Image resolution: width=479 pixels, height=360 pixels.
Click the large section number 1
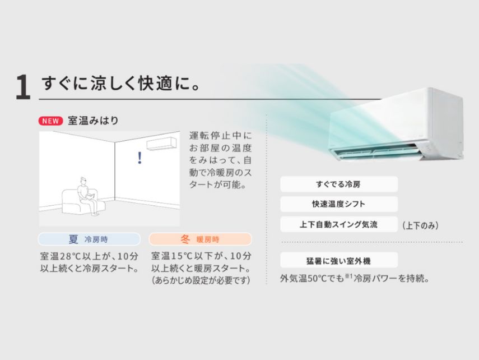pyautogui.click(x=23, y=87)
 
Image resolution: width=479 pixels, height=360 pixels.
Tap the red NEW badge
pyautogui.click(x=50, y=121)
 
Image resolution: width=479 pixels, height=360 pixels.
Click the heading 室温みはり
pyautogui.click(x=93, y=121)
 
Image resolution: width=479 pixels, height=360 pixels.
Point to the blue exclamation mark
pyautogui.click(x=139, y=158)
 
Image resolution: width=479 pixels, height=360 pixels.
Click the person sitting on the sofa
pyautogui.click(x=87, y=195)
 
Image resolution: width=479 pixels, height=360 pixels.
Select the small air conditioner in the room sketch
pyautogui.click(x=161, y=144)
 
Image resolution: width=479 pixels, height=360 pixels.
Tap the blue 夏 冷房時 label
pyautogui.click(x=89, y=239)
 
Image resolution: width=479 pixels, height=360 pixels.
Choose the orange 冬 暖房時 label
pyautogui.click(x=201, y=239)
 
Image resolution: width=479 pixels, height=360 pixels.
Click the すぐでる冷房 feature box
pyautogui.click(x=339, y=184)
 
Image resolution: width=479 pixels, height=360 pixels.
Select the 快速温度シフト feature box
pyautogui.click(x=339, y=204)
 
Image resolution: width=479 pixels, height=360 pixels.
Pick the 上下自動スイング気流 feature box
pyautogui.click(x=339, y=224)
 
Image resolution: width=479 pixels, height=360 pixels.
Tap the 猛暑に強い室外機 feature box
pyautogui.click(x=339, y=260)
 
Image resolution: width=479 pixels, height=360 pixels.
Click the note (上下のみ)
pyautogui.click(x=420, y=225)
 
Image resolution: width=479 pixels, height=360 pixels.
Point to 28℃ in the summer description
pyautogui.click(x=69, y=256)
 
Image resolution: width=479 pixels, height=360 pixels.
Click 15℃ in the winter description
pyautogui.click(x=181, y=256)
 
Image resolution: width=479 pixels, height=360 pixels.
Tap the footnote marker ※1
pyautogui.click(x=348, y=276)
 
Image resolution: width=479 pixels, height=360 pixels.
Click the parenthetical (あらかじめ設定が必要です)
pyautogui.click(x=201, y=280)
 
